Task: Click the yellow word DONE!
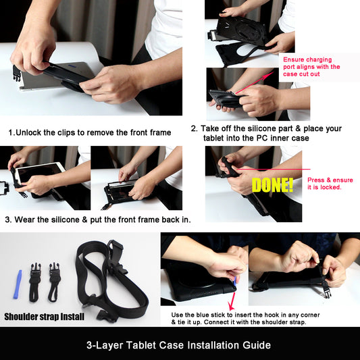tap(272, 185)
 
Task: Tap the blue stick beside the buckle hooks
tap(18, 284)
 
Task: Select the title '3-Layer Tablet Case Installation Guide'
tap(178, 345)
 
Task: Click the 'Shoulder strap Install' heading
tap(45, 317)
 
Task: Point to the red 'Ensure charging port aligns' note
tap(311, 67)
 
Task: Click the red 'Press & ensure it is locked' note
tap(330, 184)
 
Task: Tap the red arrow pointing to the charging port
tap(255, 82)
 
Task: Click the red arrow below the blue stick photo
tap(232, 301)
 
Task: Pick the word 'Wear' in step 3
tap(24, 220)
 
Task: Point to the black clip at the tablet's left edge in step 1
tap(16, 73)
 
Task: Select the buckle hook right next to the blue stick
tap(35, 282)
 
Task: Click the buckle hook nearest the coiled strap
tap(54, 282)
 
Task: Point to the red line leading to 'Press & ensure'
tap(273, 170)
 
